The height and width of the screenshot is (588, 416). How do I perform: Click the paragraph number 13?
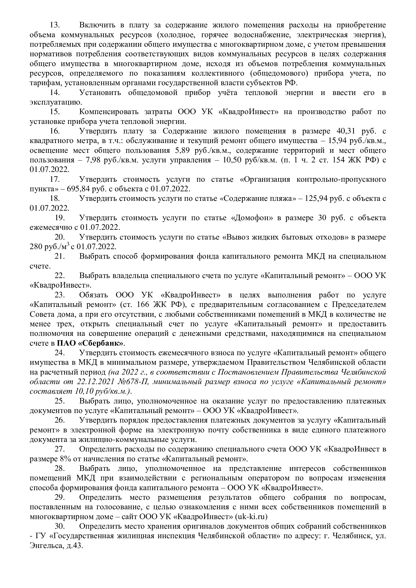tap(54, 25)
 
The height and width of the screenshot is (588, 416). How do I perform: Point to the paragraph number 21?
tap(59, 256)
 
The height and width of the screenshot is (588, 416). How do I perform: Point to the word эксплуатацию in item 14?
tap(56, 102)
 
